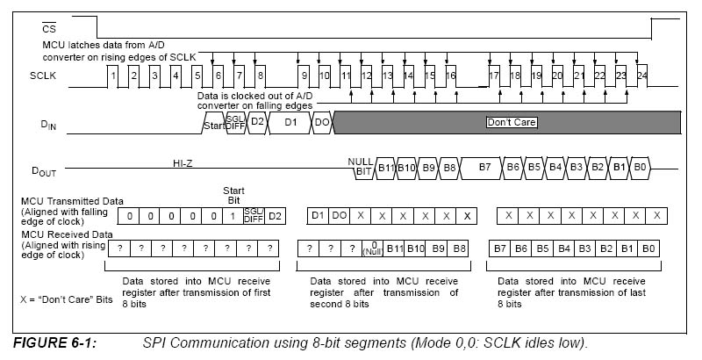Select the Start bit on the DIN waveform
(x=213, y=124)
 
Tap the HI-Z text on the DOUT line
(x=188, y=162)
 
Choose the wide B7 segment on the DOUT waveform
(x=484, y=166)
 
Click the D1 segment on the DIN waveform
(x=290, y=122)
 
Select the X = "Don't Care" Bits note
(x=66, y=299)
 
